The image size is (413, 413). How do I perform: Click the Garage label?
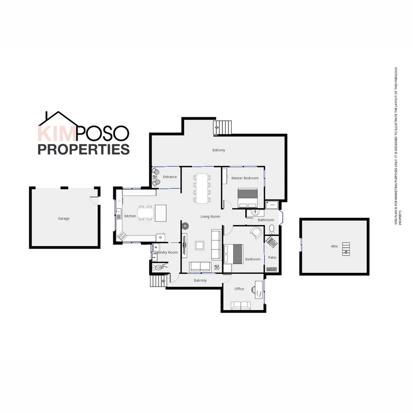[x=63, y=218]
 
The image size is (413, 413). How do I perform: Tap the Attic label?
[x=334, y=246]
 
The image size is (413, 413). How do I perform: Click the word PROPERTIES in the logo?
[x=83, y=149]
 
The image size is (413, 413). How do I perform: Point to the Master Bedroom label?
[x=245, y=178]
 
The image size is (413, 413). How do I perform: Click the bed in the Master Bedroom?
[x=247, y=198]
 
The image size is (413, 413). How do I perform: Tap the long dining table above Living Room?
[x=202, y=188]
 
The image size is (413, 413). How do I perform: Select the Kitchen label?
[x=130, y=216]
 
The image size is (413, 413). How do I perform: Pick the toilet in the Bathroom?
[x=272, y=229]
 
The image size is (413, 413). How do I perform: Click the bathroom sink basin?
[x=254, y=213]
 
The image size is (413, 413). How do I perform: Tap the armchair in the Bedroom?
[x=256, y=232]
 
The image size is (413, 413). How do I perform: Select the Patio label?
[x=272, y=257]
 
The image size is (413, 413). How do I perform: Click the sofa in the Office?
[x=241, y=305]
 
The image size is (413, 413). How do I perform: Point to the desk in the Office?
[x=258, y=289]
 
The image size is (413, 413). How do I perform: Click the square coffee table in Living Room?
[x=200, y=245]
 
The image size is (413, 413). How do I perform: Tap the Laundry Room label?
[x=166, y=253]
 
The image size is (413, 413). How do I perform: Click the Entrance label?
[x=170, y=177]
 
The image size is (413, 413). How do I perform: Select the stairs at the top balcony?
[x=222, y=127]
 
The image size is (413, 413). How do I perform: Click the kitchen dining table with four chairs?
[x=144, y=213]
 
